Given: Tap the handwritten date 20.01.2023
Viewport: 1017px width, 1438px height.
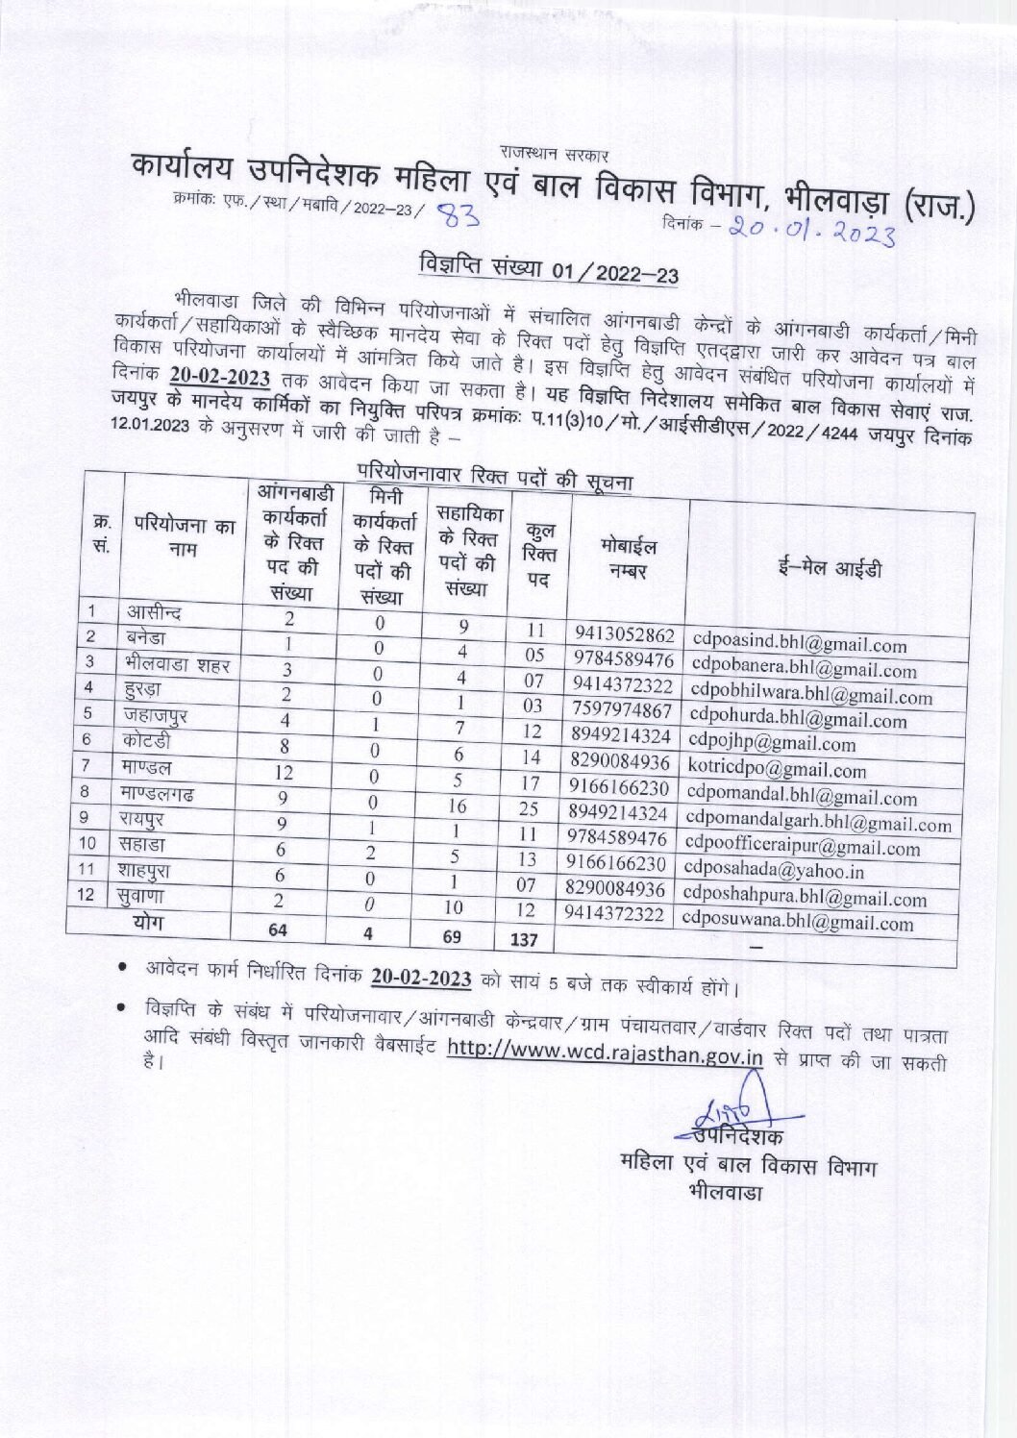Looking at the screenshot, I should pyautogui.click(x=811, y=230).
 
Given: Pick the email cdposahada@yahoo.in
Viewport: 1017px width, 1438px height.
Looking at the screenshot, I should pyautogui.click(x=774, y=870).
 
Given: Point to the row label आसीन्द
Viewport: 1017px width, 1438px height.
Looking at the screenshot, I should pyautogui.click(x=154, y=612).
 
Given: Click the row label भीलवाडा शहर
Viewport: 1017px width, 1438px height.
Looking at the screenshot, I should pyautogui.click(x=177, y=663).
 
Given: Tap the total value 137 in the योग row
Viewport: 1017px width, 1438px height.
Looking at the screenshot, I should pyautogui.click(x=524, y=938).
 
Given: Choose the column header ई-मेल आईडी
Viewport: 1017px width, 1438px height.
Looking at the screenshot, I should pyautogui.click(x=830, y=568).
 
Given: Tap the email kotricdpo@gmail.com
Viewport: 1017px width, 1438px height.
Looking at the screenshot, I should pyautogui.click(x=777, y=769).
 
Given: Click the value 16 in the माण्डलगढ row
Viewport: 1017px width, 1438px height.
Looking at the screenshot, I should pyautogui.click(x=458, y=806).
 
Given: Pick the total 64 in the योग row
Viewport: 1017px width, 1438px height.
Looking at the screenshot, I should pyautogui.click(x=280, y=929).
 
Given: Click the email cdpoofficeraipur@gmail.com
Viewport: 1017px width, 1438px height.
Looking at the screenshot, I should pyautogui.click(x=802, y=847).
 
